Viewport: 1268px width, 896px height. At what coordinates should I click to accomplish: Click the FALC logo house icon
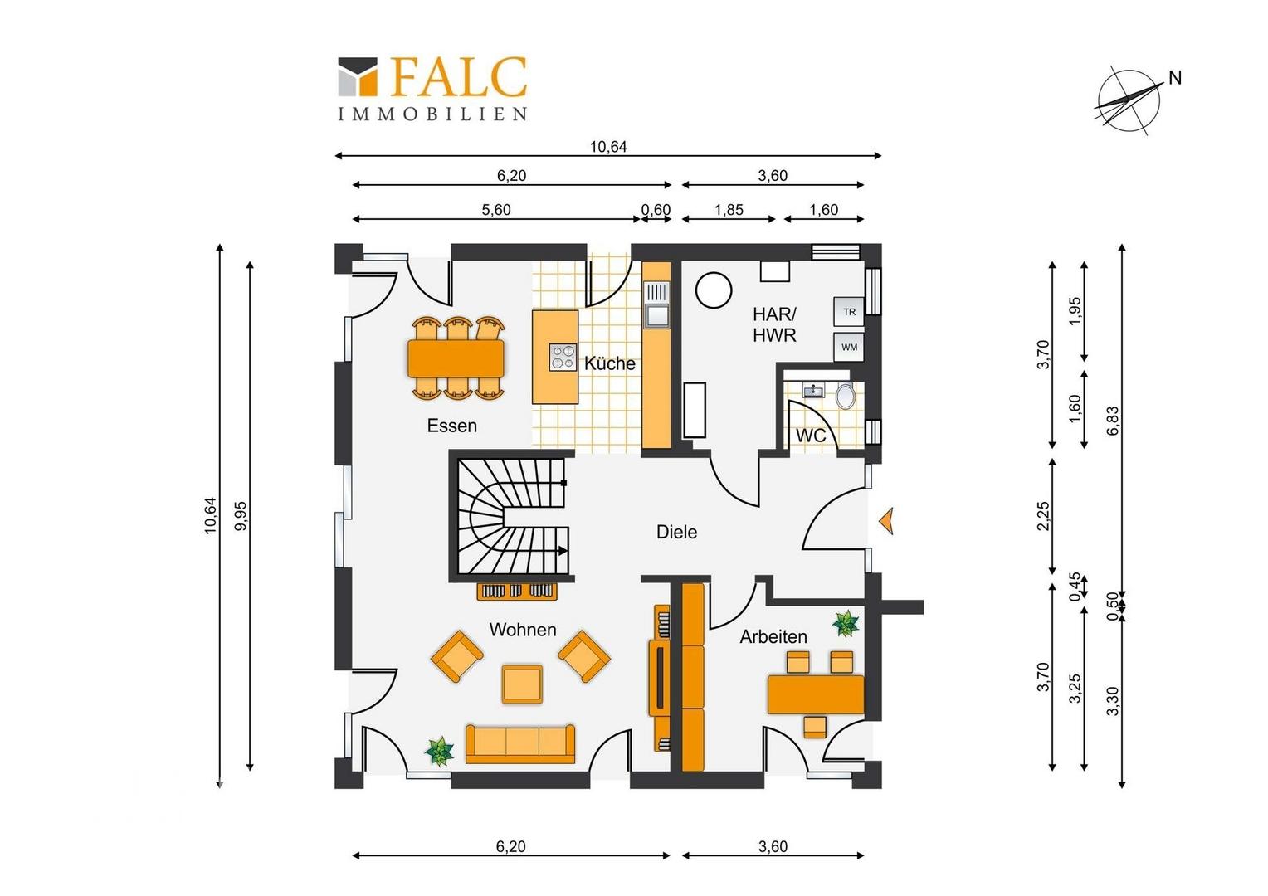(357, 76)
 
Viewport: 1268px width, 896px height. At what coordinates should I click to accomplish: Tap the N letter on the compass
(1175, 78)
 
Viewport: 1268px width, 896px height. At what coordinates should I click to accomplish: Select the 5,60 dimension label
(496, 210)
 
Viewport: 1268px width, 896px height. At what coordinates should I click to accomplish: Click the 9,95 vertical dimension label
(241, 516)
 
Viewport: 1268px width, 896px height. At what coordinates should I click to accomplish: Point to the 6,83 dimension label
(1112, 421)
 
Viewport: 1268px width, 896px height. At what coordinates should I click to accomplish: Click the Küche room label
(610, 363)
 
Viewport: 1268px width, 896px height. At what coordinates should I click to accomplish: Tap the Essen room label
(451, 426)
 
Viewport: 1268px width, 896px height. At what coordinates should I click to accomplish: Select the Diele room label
(676, 532)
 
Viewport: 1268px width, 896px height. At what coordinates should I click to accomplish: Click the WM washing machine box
(849, 347)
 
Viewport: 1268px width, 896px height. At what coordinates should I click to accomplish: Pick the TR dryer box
(849, 312)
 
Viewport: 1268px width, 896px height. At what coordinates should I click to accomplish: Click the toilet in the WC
(845, 395)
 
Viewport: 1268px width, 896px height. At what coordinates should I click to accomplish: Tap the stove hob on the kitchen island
(563, 357)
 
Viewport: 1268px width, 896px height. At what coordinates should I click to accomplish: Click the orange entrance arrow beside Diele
(886, 521)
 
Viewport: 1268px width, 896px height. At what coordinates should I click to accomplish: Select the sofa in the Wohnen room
(519, 743)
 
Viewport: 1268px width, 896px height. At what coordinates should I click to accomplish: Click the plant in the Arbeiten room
(846, 624)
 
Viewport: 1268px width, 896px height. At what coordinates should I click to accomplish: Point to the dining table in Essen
(456, 359)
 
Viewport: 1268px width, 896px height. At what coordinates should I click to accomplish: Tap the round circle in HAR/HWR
(714, 290)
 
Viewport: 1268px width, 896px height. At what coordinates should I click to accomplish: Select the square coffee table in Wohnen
(522, 684)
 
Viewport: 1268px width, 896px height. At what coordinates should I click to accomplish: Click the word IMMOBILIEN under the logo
(432, 114)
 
